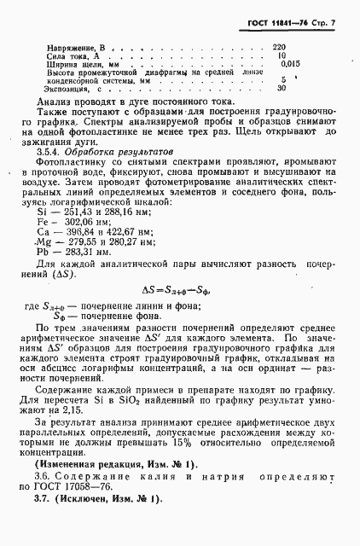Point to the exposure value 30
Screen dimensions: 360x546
pos(282,87)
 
